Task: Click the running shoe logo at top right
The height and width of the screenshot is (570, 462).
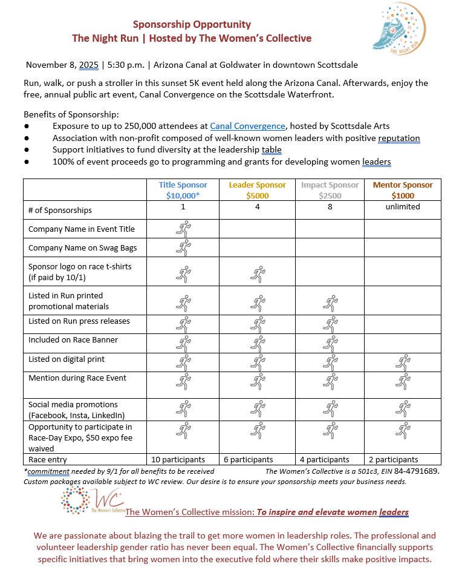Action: (403, 28)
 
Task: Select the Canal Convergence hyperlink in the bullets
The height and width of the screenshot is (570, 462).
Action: (247, 126)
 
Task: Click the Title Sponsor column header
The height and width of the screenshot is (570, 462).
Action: (183, 190)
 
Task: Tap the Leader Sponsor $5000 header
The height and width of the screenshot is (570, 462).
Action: (257, 190)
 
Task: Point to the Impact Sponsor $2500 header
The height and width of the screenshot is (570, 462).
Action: (330, 190)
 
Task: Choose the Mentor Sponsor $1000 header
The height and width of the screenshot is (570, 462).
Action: (403, 190)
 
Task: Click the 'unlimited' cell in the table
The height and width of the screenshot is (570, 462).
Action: (403, 207)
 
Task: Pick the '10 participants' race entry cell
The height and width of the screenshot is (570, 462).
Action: (178, 460)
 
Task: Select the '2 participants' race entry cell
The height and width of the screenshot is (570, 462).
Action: (394, 460)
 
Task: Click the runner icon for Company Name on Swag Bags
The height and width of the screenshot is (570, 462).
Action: (183, 247)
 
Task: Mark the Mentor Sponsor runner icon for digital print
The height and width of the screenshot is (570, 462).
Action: (403, 362)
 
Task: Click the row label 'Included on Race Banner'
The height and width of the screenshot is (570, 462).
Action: (73, 340)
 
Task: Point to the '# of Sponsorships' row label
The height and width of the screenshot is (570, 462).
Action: (60, 210)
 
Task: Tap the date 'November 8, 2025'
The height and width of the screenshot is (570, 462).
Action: (62, 65)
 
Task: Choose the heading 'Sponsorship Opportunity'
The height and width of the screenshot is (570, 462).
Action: (192, 25)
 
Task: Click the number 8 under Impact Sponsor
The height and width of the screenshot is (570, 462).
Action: (330, 207)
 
